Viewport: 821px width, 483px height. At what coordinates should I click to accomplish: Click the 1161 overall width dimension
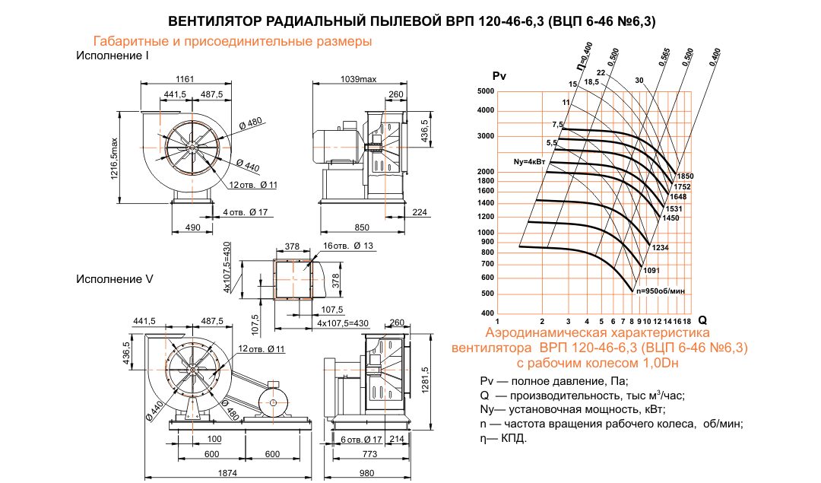pyautogui.click(x=185, y=79)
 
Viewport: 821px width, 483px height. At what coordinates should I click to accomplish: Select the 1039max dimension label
pyautogui.click(x=359, y=79)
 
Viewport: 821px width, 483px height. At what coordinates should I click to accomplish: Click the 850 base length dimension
pyautogui.click(x=363, y=227)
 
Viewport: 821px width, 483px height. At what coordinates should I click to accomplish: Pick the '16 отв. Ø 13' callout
pyautogui.click(x=347, y=246)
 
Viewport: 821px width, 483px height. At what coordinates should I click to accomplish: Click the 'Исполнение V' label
pyautogui.click(x=115, y=279)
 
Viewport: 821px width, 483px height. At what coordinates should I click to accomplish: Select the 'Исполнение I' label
pyautogui.click(x=112, y=56)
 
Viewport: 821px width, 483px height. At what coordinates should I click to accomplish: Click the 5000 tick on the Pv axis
pyautogui.click(x=485, y=91)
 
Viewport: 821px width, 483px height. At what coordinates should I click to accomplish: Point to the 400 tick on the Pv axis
pyautogui.click(x=487, y=313)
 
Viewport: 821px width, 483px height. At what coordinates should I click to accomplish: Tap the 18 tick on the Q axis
pyautogui.click(x=687, y=321)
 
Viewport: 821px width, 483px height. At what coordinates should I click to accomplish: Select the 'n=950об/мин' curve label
pyautogui.click(x=661, y=291)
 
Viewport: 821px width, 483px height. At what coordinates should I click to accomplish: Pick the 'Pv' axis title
pyautogui.click(x=499, y=75)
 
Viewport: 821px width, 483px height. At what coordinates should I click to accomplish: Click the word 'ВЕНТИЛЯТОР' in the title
pyautogui.click(x=210, y=21)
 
